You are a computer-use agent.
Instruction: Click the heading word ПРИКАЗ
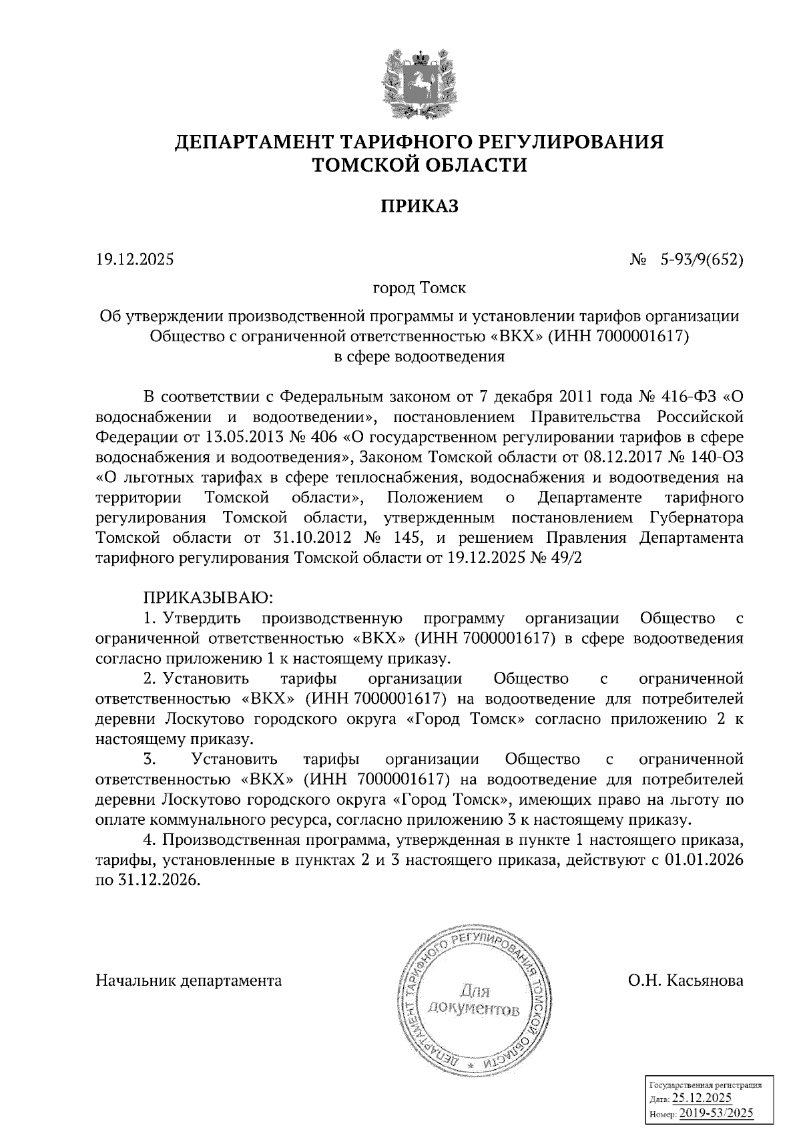coord(419,206)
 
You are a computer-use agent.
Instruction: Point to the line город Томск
coord(419,289)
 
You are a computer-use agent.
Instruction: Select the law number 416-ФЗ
coord(694,397)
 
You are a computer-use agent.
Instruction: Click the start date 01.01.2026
coord(704,860)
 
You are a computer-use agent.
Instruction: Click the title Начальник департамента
coord(189,980)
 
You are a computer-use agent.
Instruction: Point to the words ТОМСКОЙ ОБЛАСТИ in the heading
coord(419,165)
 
